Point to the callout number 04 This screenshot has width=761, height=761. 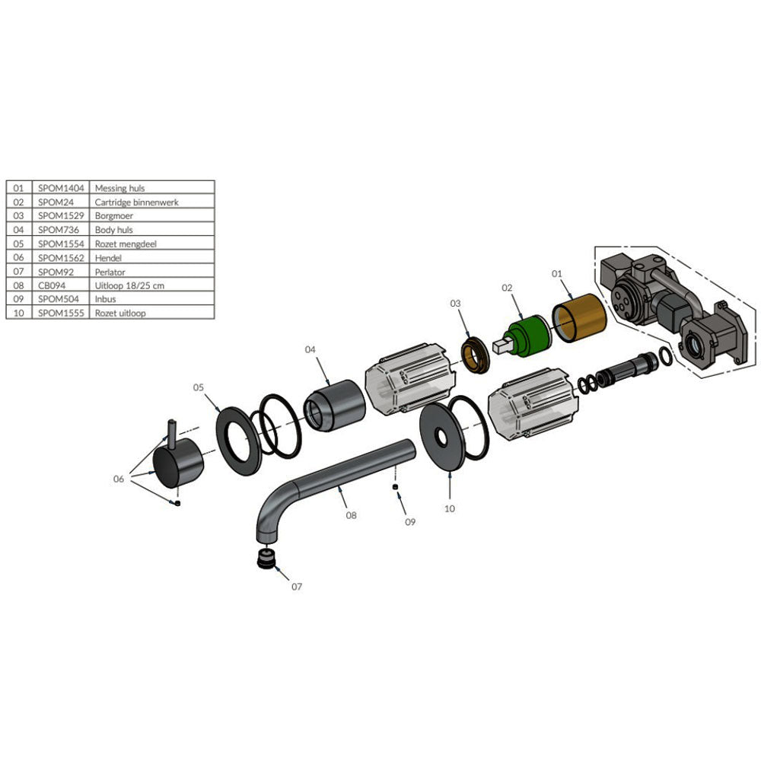[x=310, y=349]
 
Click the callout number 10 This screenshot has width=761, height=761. [x=450, y=508]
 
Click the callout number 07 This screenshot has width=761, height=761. [x=296, y=587]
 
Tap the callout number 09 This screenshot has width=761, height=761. [x=410, y=522]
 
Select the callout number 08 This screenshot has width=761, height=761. [x=351, y=514]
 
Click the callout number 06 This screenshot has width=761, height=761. [x=118, y=479]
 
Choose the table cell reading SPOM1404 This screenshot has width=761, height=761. [x=61, y=187]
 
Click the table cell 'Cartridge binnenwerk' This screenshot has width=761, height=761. [x=136, y=202]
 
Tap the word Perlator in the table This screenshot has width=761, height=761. [x=110, y=272]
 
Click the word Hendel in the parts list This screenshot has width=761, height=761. [x=108, y=258]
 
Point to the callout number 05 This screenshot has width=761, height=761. [x=199, y=387]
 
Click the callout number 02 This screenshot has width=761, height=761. [x=508, y=288]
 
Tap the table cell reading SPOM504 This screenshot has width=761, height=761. [x=57, y=299]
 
